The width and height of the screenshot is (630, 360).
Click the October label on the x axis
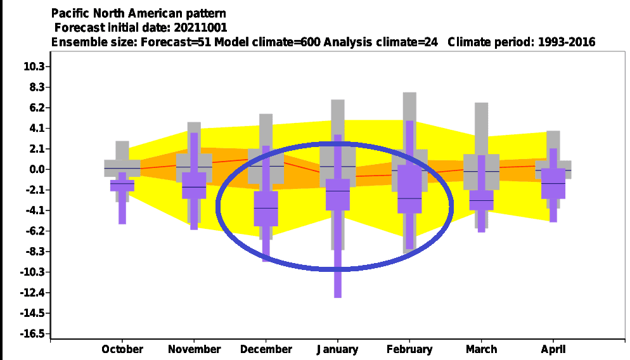click(122, 349)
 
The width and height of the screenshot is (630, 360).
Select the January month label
click(337, 350)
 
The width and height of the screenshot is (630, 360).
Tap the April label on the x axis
click(553, 350)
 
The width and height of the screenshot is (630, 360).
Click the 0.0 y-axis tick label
click(37, 169)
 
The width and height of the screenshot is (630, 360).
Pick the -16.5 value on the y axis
click(32, 333)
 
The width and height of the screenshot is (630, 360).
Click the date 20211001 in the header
click(200, 27)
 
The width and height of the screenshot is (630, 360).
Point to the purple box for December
click(266, 209)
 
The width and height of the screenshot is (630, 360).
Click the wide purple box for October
click(122, 185)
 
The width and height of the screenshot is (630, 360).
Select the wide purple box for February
click(409, 189)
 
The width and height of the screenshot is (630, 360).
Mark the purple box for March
click(481, 200)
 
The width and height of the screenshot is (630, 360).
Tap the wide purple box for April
click(553, 183)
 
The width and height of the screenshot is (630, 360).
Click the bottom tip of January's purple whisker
click(338, 298)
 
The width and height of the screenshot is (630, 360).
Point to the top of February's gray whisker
click(409, 93)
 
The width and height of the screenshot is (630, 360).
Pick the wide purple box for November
click(194, 186)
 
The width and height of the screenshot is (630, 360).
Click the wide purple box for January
click(337, 195)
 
